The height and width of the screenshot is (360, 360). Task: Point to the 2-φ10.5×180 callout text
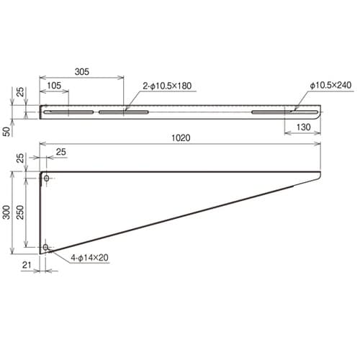coord(168,86)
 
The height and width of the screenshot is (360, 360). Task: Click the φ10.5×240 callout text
coord(330,86)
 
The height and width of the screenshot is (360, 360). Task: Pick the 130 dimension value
coord(302,127)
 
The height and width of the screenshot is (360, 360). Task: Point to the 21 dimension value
coord(26,266)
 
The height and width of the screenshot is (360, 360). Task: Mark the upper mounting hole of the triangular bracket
coord(46,177)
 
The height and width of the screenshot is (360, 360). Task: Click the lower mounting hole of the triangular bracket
coord(46,247)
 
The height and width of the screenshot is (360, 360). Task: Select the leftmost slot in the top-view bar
coord(68,113)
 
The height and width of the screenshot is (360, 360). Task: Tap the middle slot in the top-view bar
coord(123,113)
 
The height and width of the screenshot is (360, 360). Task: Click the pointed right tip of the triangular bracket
coord(319,173)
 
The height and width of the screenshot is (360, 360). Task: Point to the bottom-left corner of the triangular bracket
coord(40,253)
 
